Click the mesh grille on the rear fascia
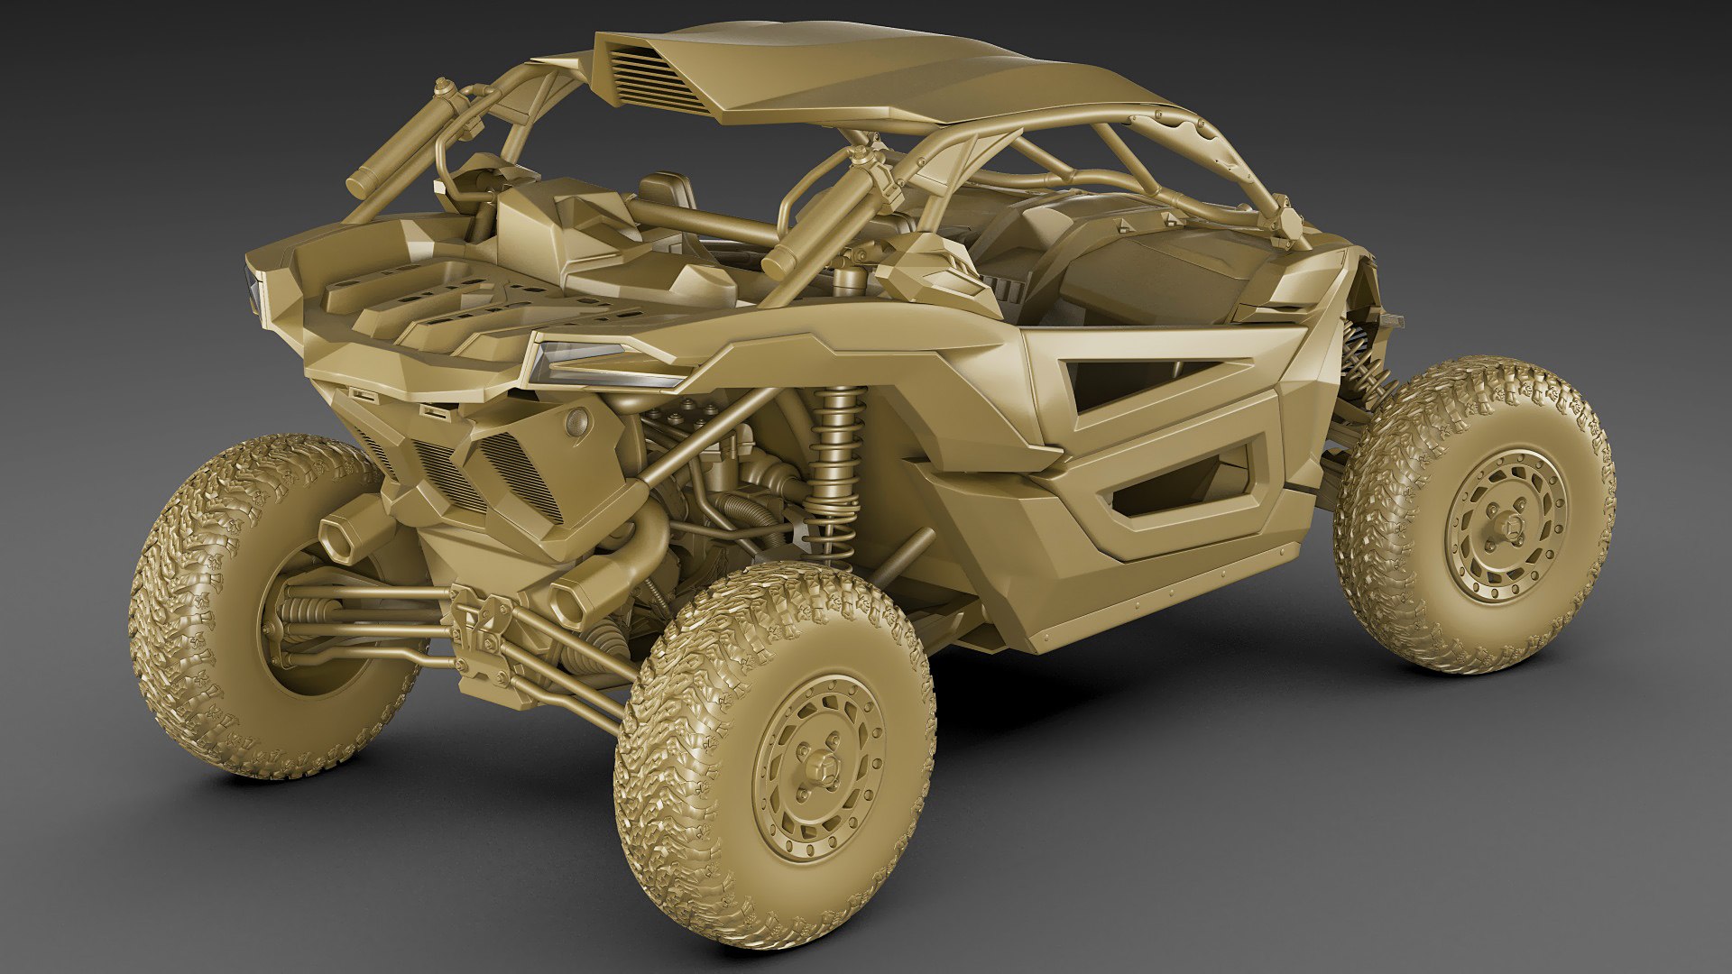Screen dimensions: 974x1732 pos(519,473)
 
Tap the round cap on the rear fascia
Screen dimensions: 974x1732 pos(575,418)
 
